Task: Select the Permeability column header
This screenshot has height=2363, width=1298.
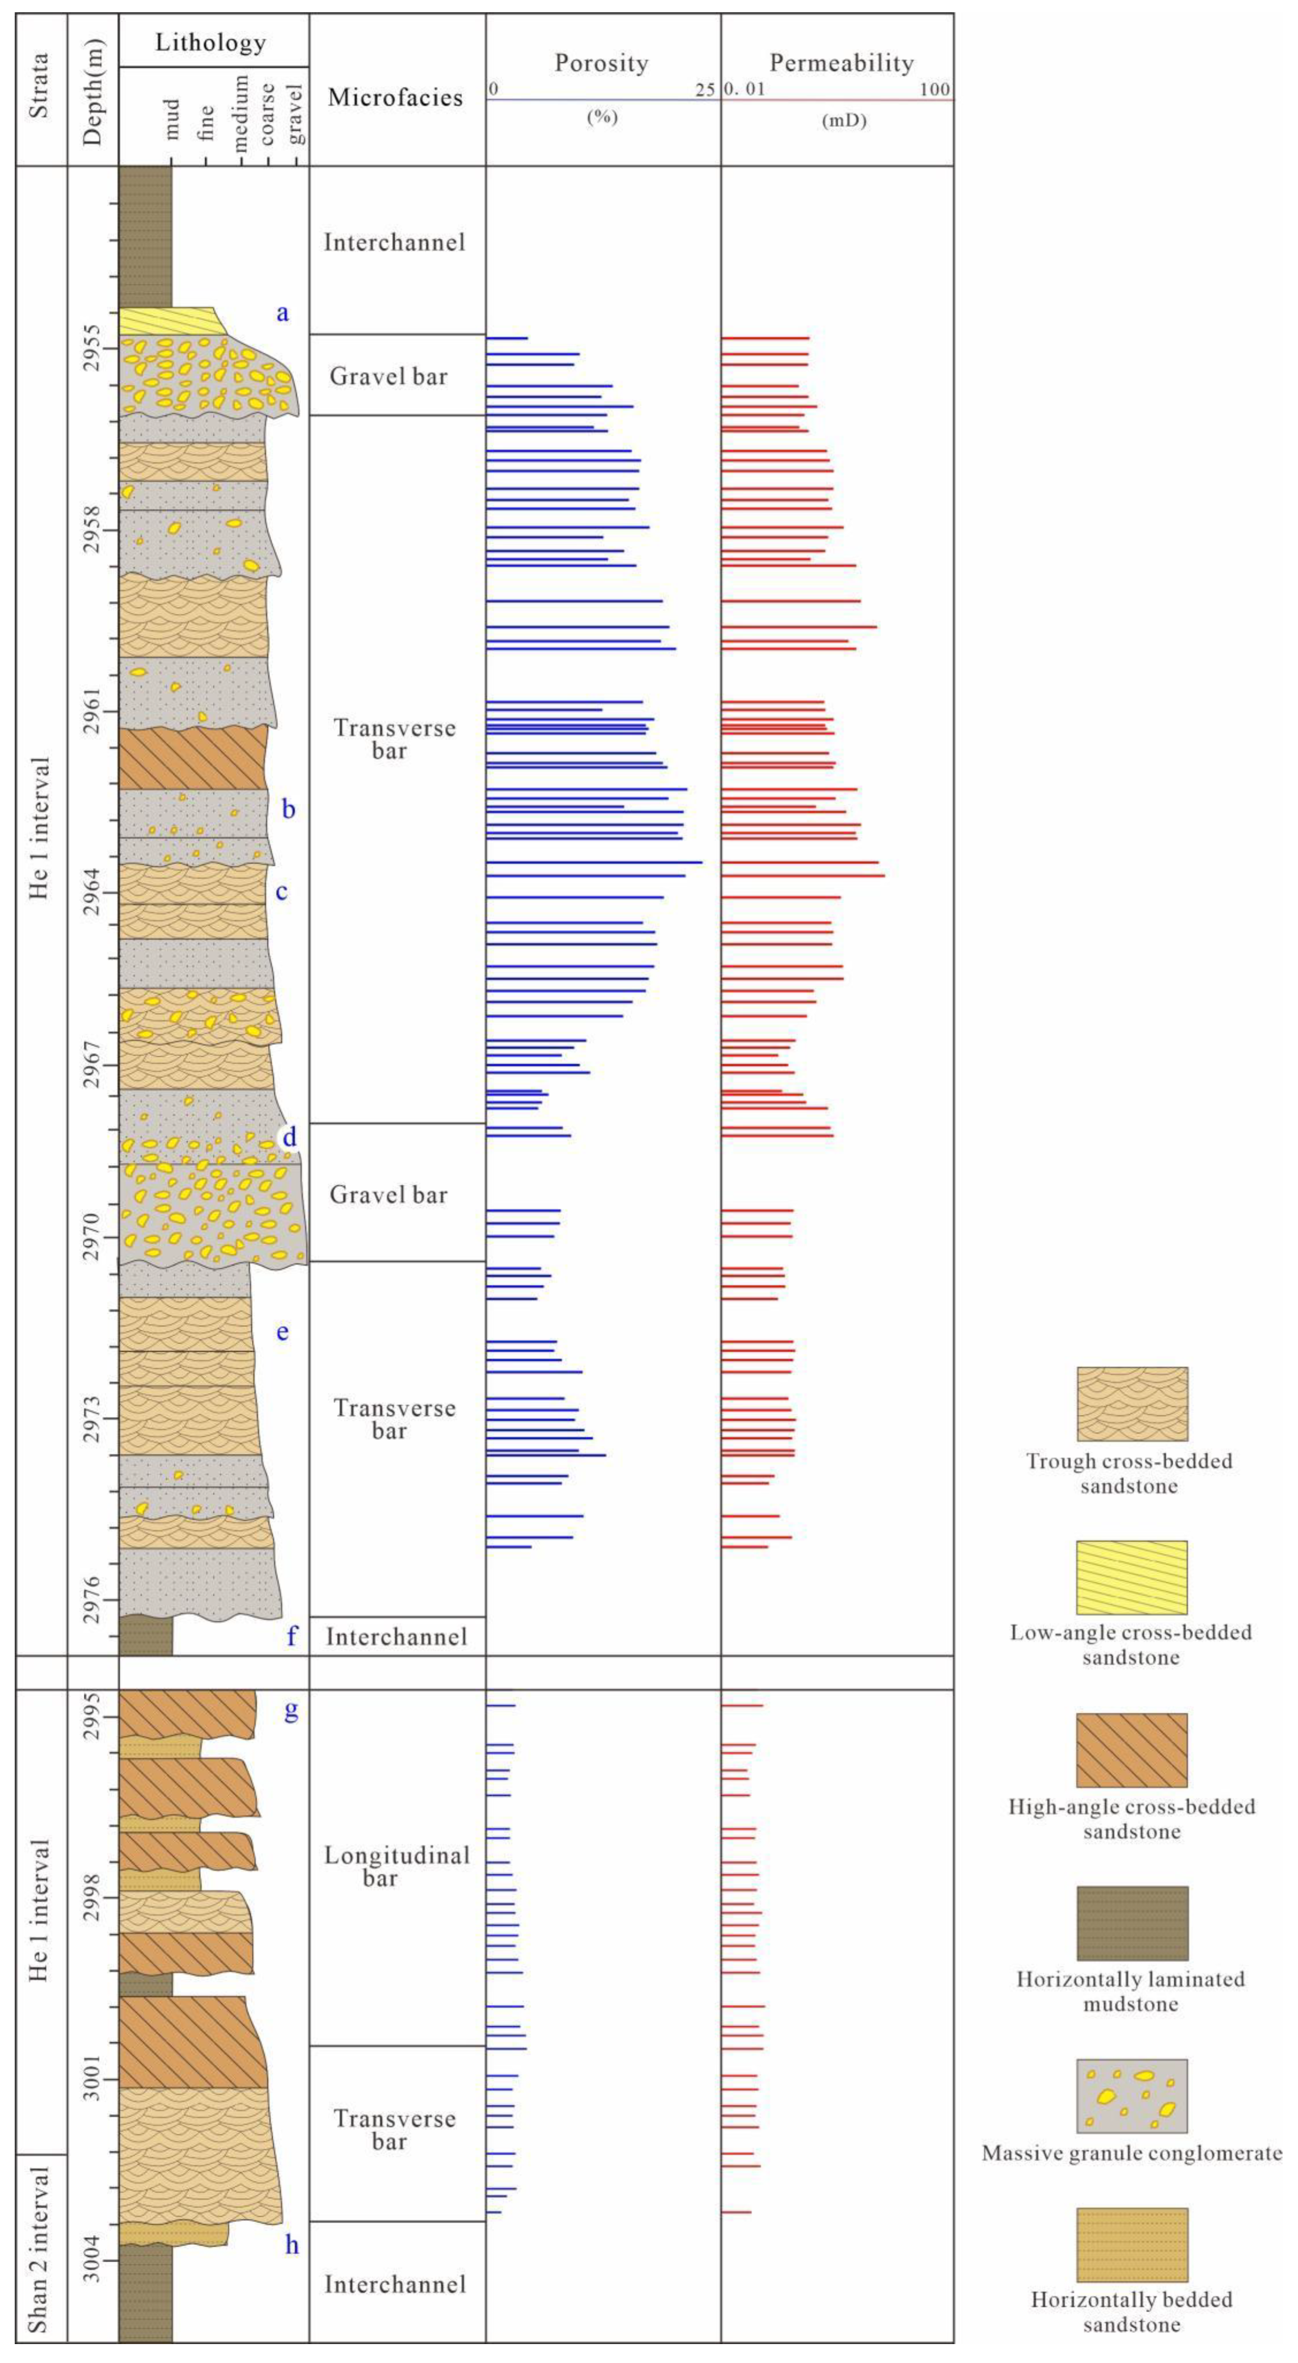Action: (841, 63)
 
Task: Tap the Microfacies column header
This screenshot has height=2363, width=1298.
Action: (395, 97)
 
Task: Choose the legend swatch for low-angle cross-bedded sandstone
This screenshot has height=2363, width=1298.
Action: (1131, 1577)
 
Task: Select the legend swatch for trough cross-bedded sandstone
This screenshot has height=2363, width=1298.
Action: (1131, 1404)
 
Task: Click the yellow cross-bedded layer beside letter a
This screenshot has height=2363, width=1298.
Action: (170, 321)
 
